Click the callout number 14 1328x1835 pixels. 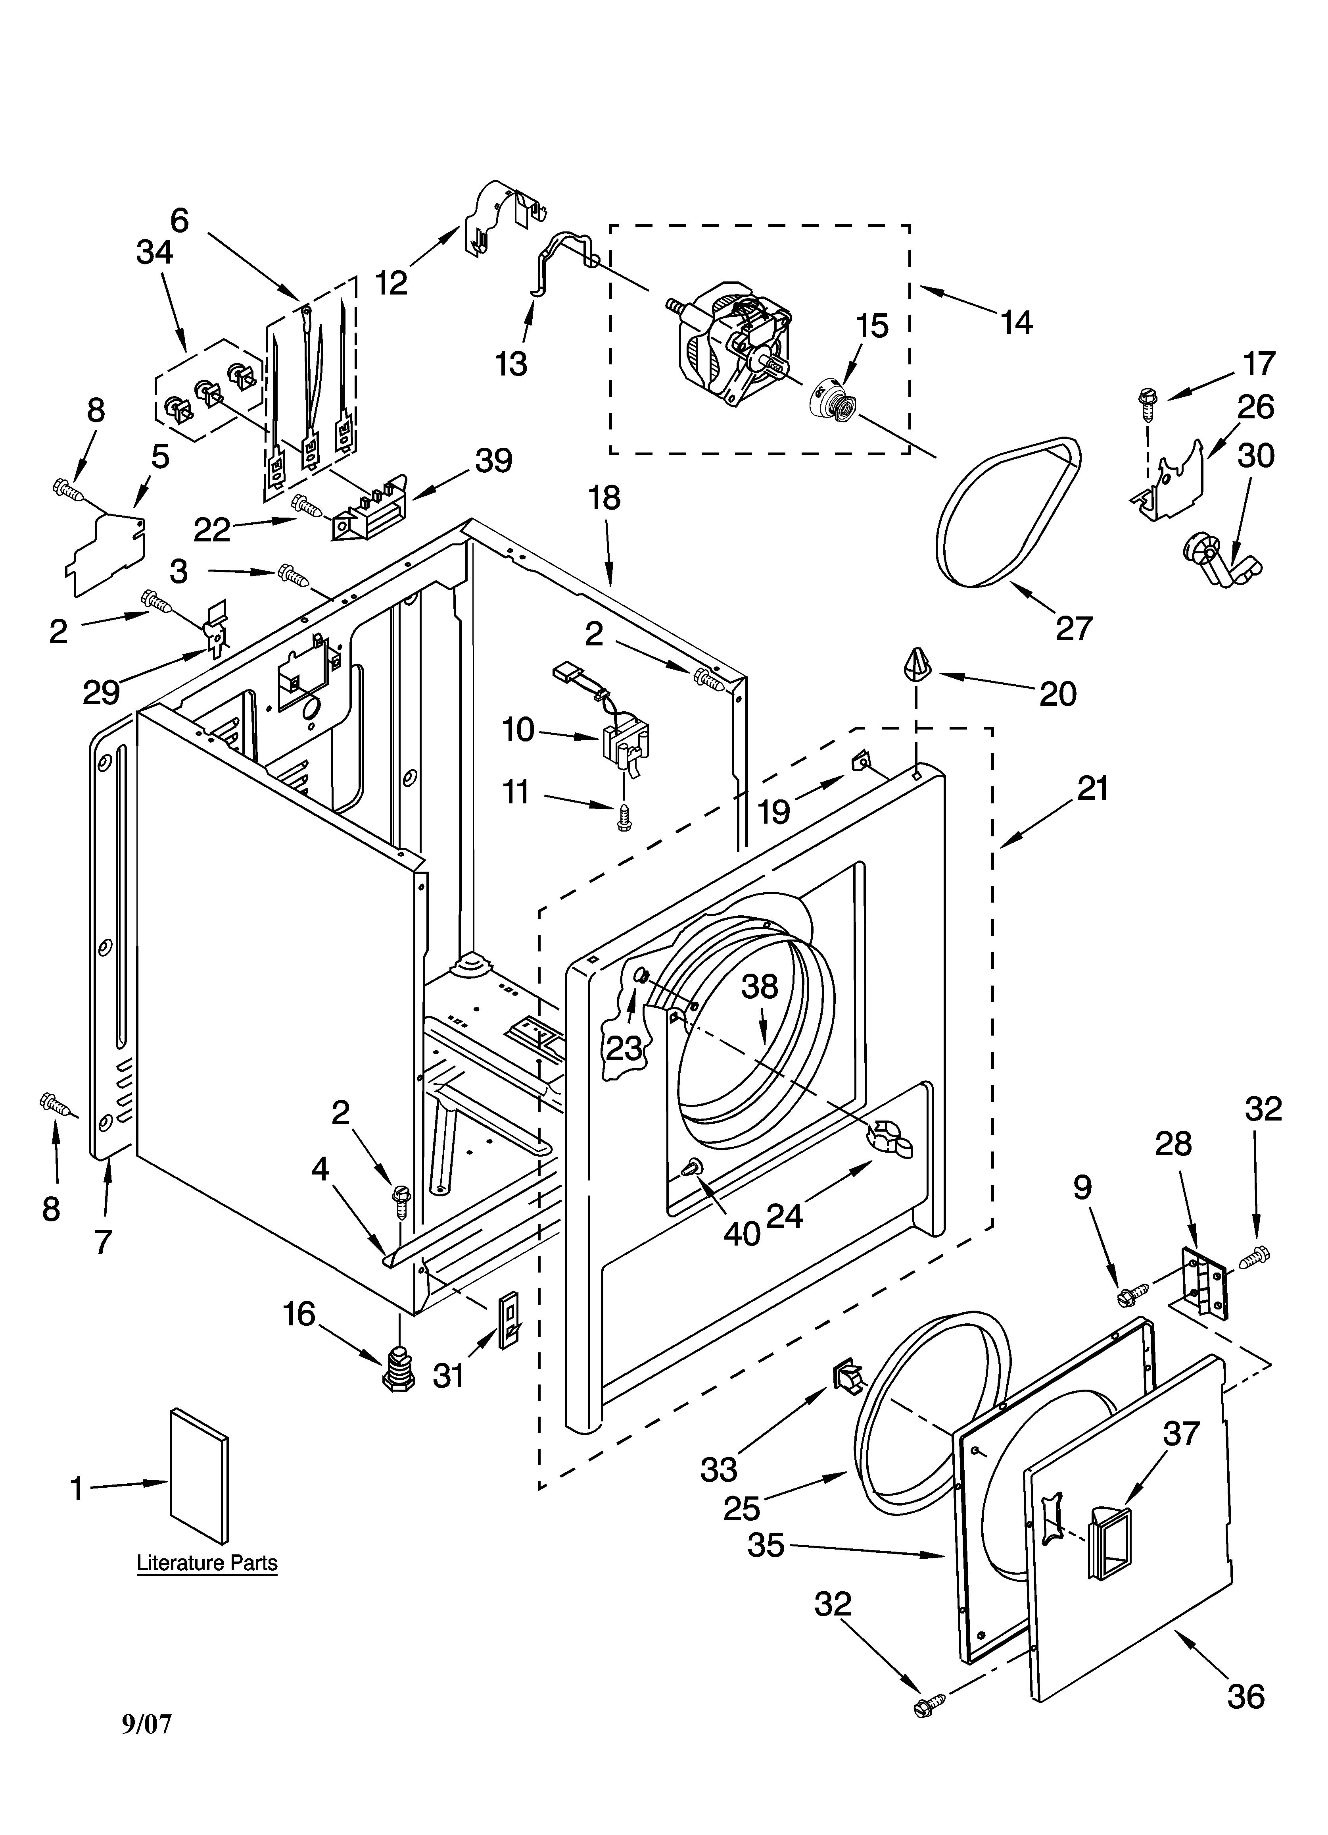pyautogui.click(x=1017, y=323)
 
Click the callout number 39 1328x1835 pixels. pyautogui.click(x=493, y=460)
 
